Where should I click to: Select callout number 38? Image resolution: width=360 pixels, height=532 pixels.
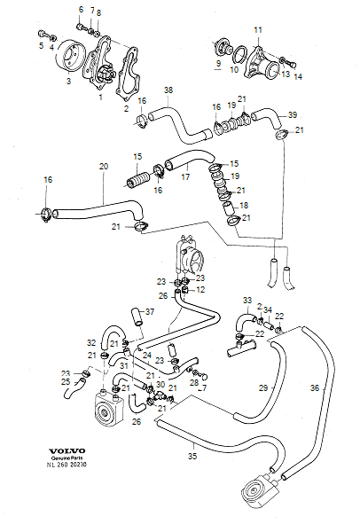click(x=168, y=90)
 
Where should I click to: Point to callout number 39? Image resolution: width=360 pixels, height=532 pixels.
click(x=293, y=115)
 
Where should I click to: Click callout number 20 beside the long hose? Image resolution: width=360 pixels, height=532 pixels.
click(x=104, y=167)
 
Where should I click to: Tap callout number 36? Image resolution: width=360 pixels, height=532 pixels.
click(x=314, y=387)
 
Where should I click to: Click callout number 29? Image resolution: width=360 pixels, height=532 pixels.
click(x=262, y=388)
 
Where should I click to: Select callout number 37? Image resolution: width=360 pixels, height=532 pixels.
click(x=150, y=312)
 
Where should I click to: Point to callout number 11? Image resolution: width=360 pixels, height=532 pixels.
click(x=258, y=30)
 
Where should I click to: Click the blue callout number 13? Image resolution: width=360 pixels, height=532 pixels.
click(x=286, y=74)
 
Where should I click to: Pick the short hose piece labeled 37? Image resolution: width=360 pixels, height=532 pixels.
click(x=136, y=316)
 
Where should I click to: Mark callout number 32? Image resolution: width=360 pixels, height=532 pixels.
click(x=90, y=342)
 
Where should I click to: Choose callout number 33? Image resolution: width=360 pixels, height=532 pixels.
click(x=247, y=300)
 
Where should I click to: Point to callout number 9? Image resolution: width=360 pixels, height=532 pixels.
click(x=217, y=64)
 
